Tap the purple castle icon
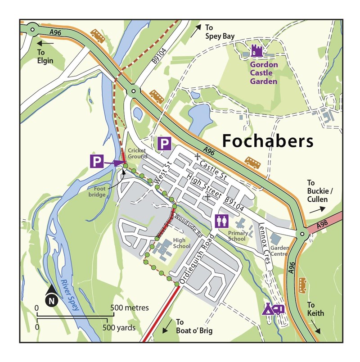coord(257,50)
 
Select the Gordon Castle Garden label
coord(264,73)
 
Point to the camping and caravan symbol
coord(273,309)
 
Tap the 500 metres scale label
coord(130,308)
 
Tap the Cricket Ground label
coord(137,153)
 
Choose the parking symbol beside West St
coord(164,145)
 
